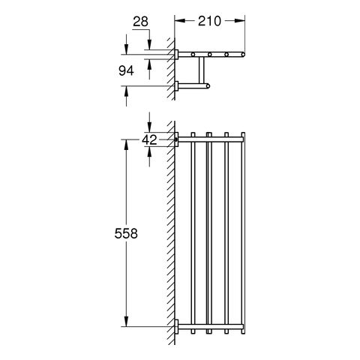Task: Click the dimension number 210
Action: pos(209,21)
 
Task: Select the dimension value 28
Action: pos(140,22)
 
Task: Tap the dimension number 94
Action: pos(126,71)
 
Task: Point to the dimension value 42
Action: pos(149,139)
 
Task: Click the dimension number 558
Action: pos(126,234)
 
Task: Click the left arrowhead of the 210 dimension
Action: pos(179,21)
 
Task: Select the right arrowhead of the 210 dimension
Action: pos(240,21)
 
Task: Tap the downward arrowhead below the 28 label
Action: pos(149,44)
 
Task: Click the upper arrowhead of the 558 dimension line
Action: pos(126,145)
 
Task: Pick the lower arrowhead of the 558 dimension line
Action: pos(126,322)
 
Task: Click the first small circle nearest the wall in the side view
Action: pos(193,54)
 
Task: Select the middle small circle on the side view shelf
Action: pos(210,54)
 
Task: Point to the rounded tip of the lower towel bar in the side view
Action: pos(208,86)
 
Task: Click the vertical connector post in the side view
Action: pos(202,70)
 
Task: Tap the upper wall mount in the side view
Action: pos(176,54)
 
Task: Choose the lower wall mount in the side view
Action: pos(176,86)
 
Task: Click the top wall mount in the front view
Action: pos(176,139)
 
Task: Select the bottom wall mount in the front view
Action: pos(176,326)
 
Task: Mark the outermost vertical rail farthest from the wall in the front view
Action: pos(243,233)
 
